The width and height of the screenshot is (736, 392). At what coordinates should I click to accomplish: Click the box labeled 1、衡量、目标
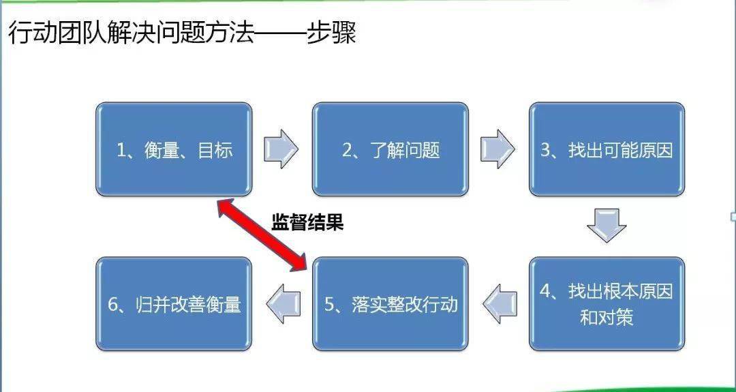(x=174, y=149)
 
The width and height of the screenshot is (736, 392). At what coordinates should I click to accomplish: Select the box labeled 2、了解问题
(x=390, y=149)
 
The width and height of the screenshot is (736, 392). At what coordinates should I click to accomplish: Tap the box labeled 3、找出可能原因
(x=607, y=149)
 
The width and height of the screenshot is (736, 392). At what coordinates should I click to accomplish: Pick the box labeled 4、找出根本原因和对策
(x=607, y=304)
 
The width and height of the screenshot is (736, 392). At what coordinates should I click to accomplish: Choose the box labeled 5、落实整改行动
(x=390, y=304)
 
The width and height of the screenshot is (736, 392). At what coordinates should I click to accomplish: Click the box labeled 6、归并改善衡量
(x=174, y=304)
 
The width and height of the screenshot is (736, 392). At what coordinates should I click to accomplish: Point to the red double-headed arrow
(x=262, y=235)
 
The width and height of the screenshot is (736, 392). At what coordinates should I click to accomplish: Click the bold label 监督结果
(x=307, y=222)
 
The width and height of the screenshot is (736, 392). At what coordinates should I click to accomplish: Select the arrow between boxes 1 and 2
(x=281, y=149)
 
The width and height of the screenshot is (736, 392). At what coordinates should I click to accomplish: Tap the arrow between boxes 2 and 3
(x=497, y=149)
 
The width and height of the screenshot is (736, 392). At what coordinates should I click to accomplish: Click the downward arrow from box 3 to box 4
(x=607, y=226)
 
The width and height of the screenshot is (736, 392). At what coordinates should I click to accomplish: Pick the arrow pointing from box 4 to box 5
(x=500, y=304)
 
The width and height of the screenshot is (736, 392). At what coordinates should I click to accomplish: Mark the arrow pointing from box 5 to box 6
(x=283, y=304)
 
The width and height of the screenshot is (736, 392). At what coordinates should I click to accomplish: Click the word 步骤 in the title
(x=331, y=34)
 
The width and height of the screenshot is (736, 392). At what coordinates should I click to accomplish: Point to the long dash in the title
(x=280, y=35)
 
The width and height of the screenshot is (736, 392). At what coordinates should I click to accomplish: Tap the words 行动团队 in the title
(x=57, y=34)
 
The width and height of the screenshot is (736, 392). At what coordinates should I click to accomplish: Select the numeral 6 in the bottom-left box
(x=112, y=305)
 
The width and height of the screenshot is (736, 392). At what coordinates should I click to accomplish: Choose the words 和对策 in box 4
(x=607, y=318)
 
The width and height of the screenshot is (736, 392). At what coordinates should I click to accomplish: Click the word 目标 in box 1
(x=215, y=151)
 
